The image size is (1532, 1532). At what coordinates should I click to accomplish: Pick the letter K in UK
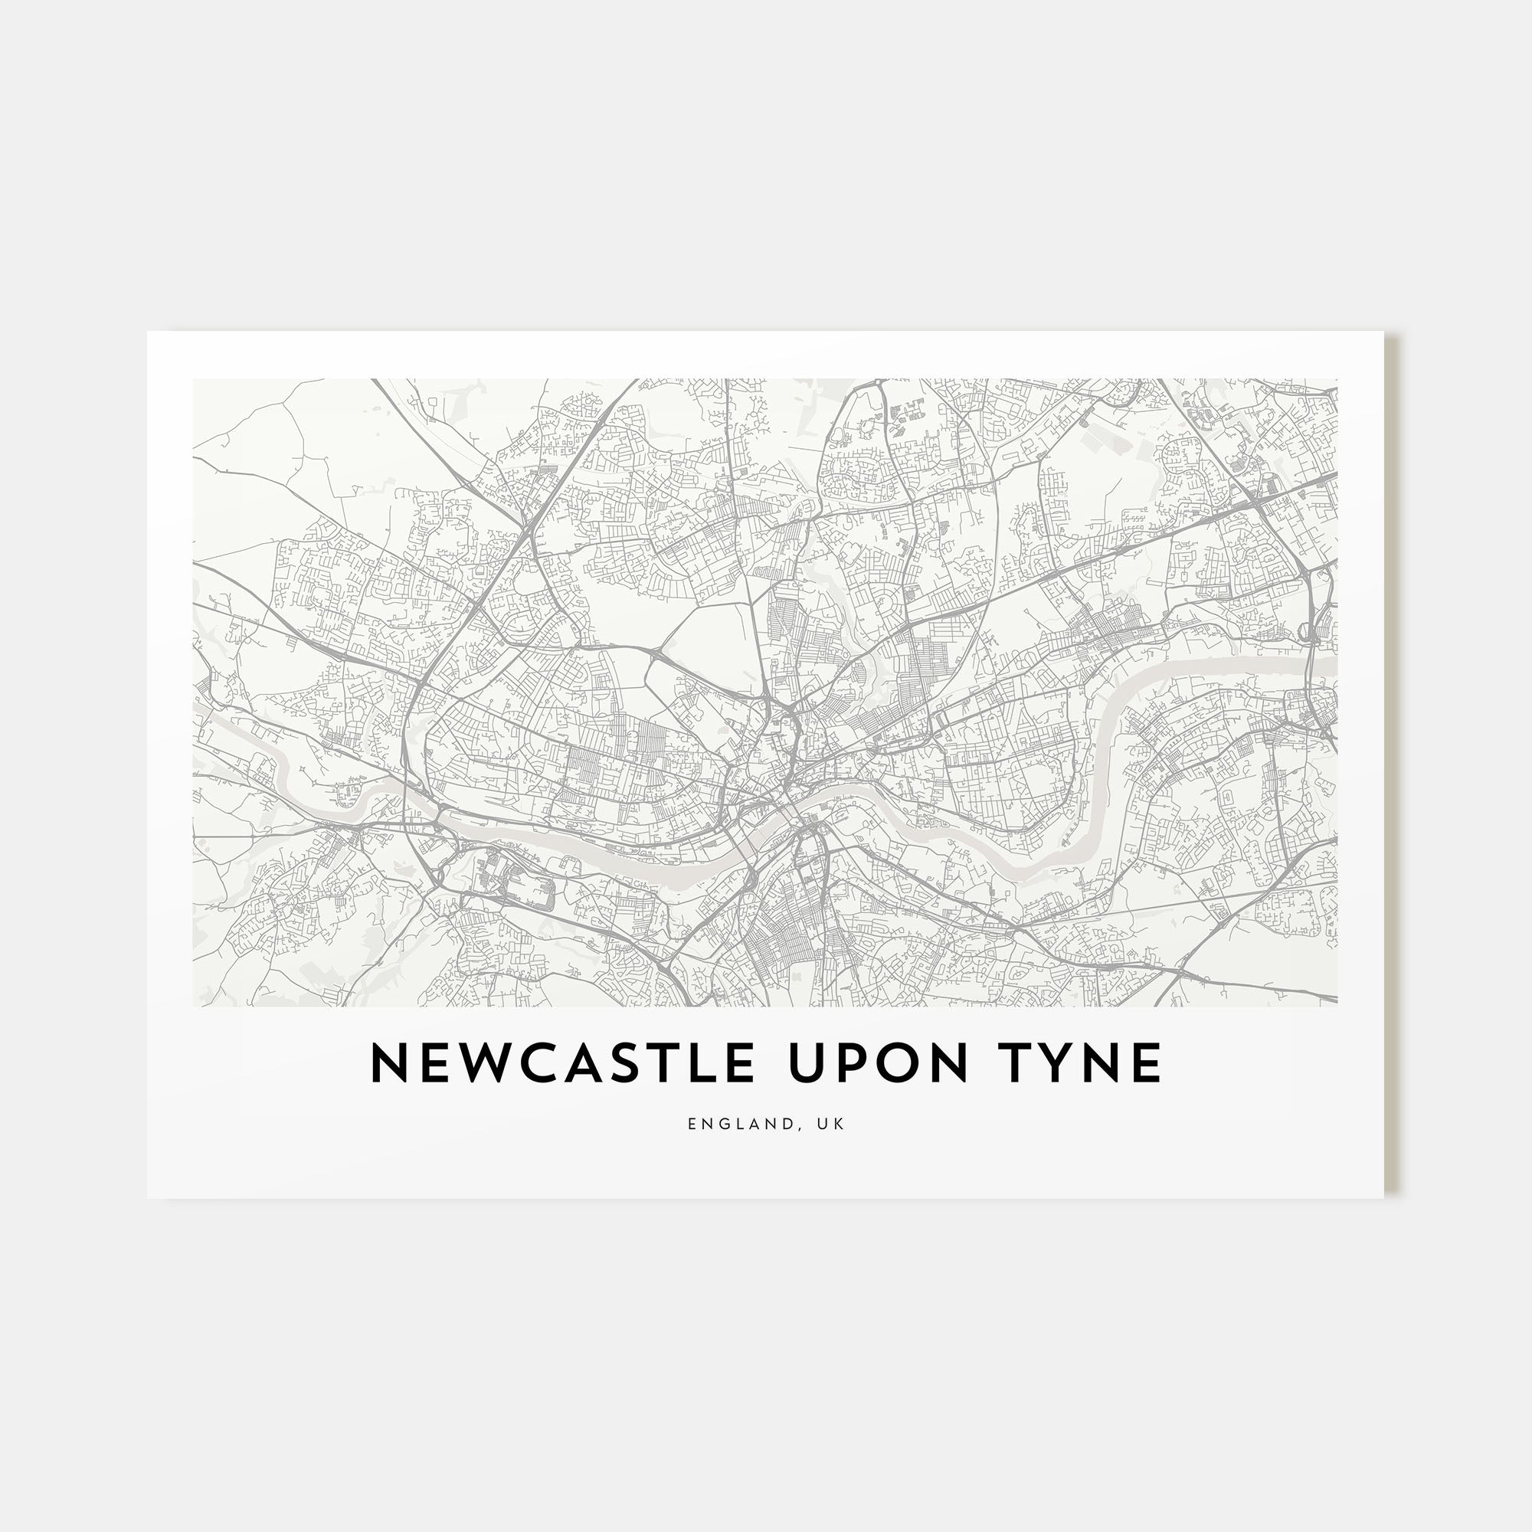coord(840,1124)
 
